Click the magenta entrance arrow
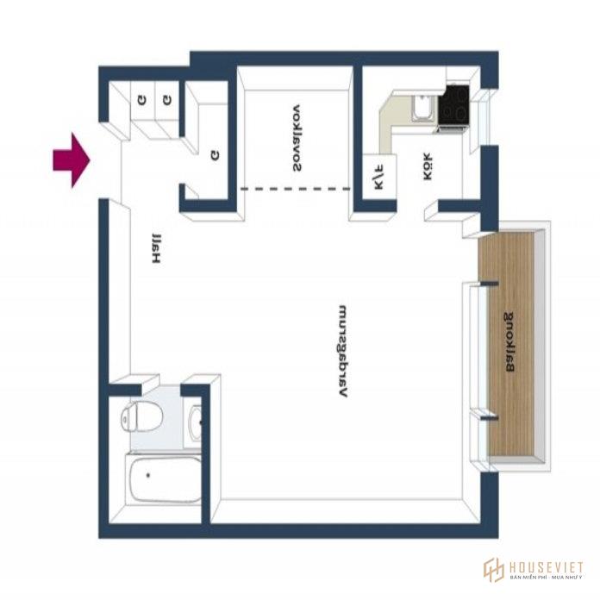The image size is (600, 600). pos(72,160)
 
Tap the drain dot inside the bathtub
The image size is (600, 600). pos(148,474)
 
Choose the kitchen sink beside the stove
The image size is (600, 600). pos(423,109)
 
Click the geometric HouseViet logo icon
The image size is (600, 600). pos(493,570)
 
